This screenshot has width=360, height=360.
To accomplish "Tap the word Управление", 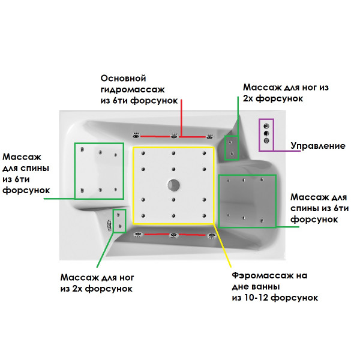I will (318, 146).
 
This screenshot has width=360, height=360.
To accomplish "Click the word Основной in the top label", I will (124, 79).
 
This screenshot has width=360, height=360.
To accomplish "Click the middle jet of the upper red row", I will (173, 136).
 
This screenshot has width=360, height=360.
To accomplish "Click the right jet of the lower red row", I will (211, 235).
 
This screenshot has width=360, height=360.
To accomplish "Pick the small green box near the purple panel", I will (231, 148).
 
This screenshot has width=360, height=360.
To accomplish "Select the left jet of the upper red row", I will (136, 135).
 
